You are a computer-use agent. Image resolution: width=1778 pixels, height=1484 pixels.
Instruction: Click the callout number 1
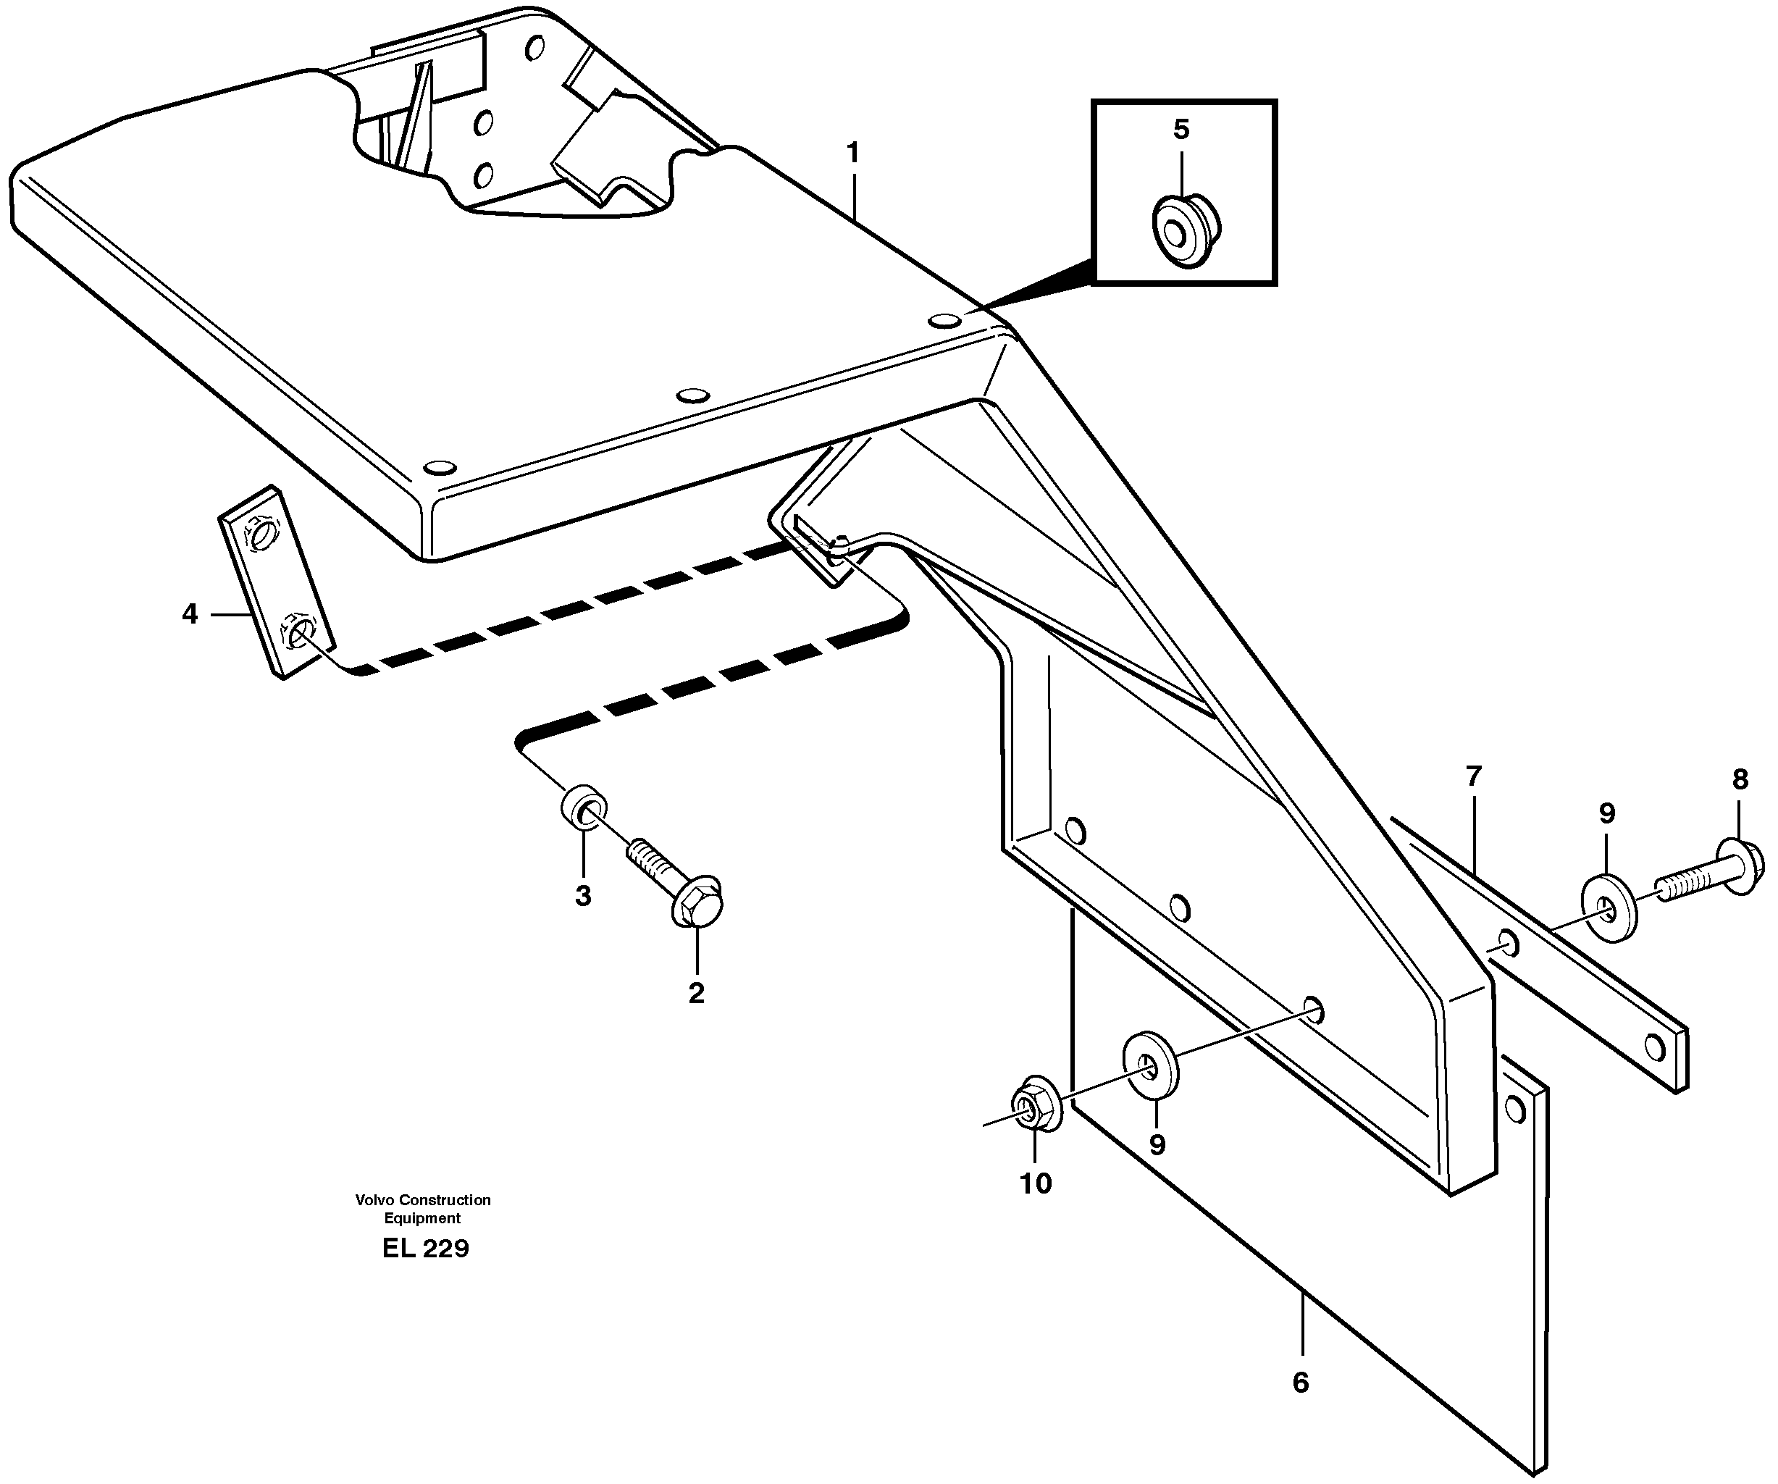click(x=852, y=154)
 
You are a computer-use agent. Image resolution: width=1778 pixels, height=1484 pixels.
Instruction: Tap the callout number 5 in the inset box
click(x=1181, y=130)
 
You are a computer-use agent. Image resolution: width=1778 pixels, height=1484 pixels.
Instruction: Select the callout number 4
click(x=190, y=613)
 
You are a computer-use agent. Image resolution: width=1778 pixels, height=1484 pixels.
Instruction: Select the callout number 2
click(x=696, y=993)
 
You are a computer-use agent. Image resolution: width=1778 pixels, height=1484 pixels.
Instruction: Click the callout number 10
click(x=1036, y=1183)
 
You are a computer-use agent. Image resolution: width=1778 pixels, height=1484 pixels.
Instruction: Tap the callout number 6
click(x=1301, y=1383)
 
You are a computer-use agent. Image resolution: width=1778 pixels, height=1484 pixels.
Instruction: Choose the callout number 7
click(x=1474, y=776)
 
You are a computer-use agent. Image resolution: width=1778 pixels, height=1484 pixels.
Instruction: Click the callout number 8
click(x=1740, y=780)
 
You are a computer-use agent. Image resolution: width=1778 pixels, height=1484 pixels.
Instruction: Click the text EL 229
click(x=425, y=1249)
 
